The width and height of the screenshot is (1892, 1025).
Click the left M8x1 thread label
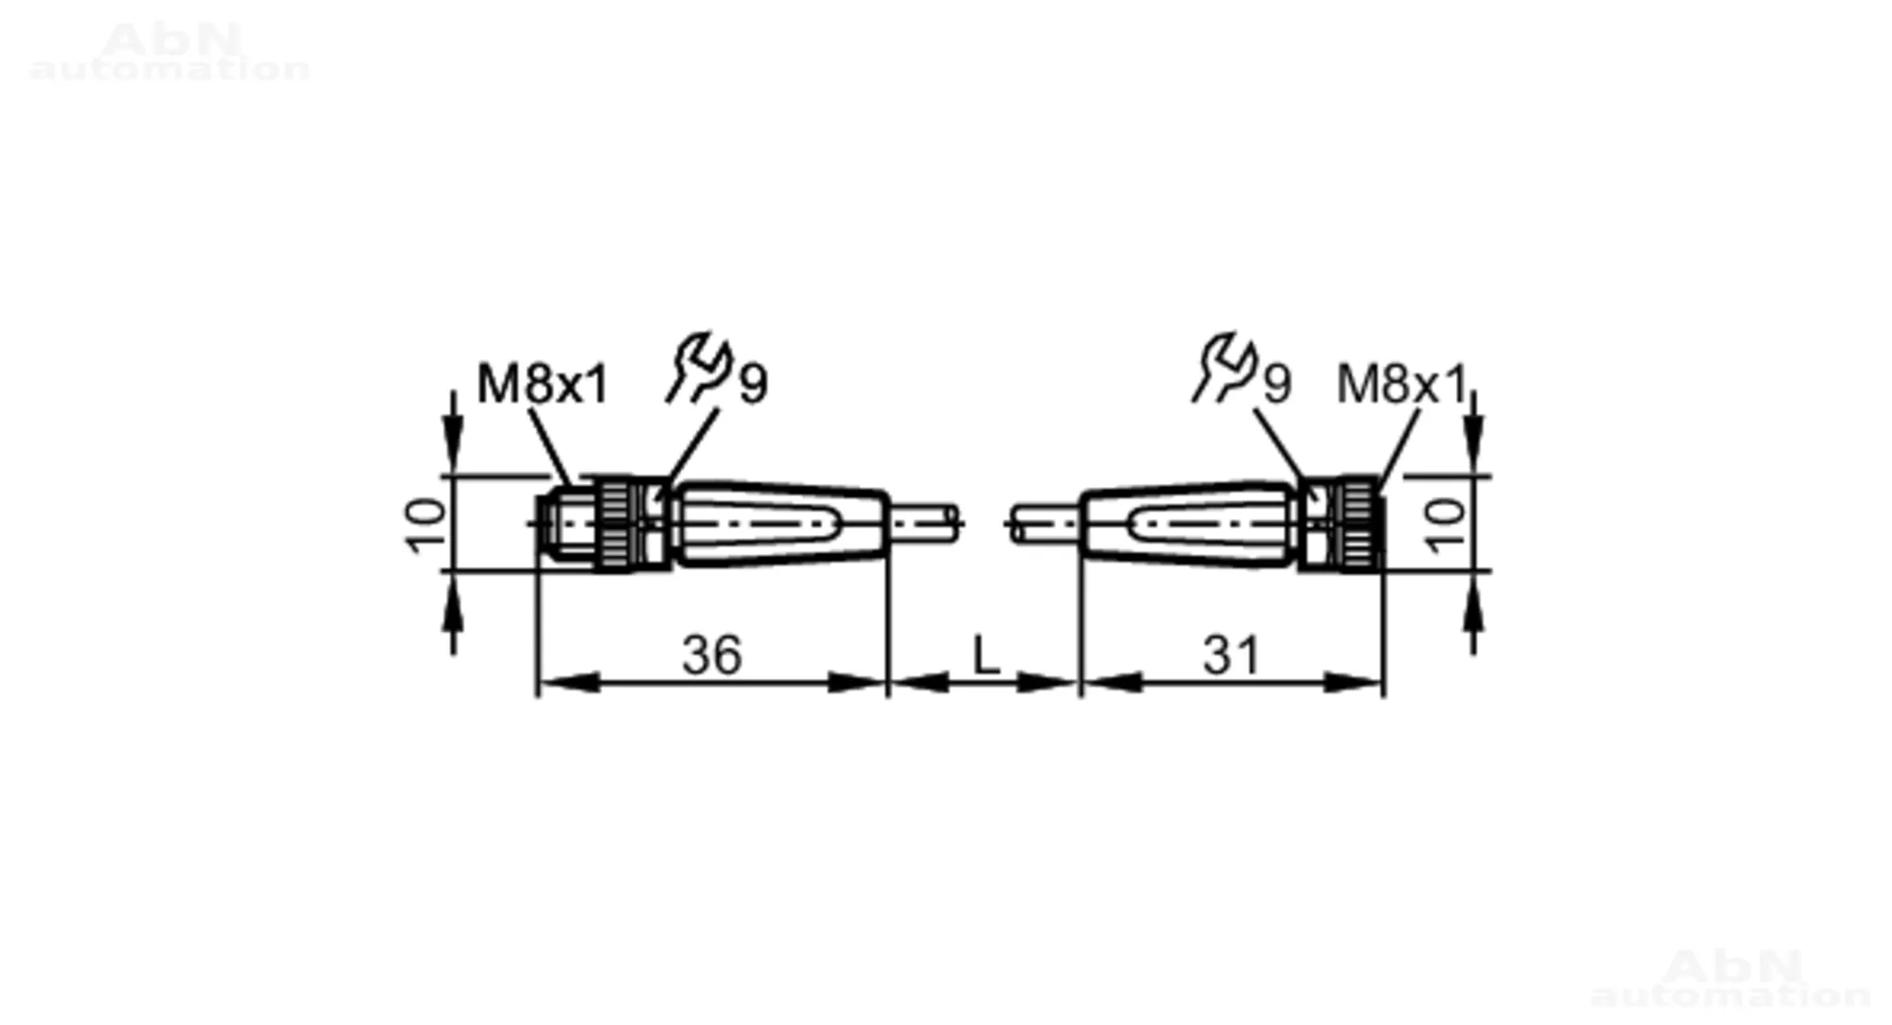click(x=543, y=385)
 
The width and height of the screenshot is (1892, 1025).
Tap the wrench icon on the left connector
click(x=699, y=368)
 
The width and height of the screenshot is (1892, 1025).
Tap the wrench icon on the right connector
click(x=1224, y=368)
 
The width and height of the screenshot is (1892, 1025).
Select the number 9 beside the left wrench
click(x=753, y=384)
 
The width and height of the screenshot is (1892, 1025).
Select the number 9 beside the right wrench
click(x=1277, y=384)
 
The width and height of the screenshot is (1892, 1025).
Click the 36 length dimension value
click(x=711, y=655)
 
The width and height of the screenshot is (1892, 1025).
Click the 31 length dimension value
click(x=1231, y=655)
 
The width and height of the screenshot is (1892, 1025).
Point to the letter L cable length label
click(x=986, y=655)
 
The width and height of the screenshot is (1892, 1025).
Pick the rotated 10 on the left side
click(x=425, y=524)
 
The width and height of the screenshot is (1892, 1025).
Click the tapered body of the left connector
click(x=781, y=524)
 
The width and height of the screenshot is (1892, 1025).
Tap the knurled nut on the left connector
click(x=615, y=524)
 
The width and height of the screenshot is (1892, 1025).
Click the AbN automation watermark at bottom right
click(x=1731, y=979)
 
